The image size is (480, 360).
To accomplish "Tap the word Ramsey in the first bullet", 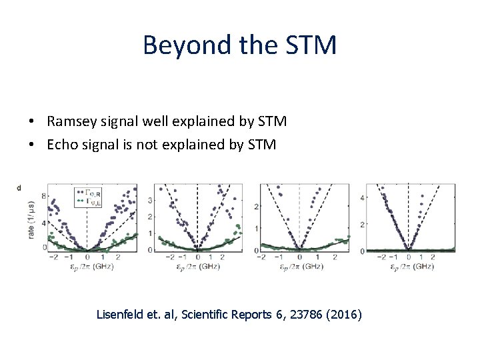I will [71, 121].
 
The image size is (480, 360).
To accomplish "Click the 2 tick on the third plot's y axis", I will [257, 208].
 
